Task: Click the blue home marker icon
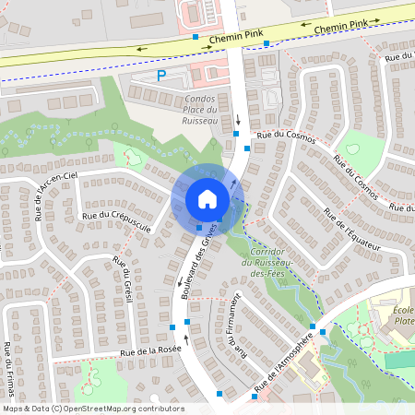tap(207, 199)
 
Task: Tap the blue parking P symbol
tap(161, 76)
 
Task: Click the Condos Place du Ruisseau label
tap(187, 110)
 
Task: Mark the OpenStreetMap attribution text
tap(93, 409)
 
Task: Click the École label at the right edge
tap(402, 314)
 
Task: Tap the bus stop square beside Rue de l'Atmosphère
tap(313, 326)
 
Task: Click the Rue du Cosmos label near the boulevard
tap(286, 136)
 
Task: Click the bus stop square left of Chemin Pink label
tap(196, 37)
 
